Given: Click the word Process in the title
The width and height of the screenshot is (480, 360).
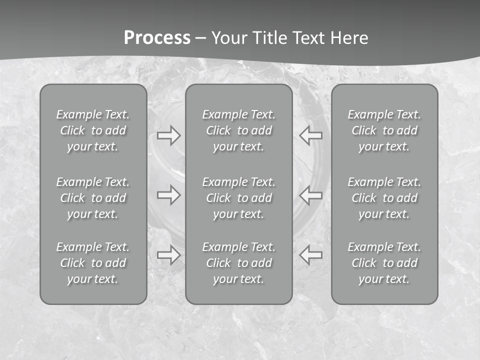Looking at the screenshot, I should [x=157, y=38].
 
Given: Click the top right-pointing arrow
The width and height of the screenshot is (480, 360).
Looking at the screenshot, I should [x=169, y=135].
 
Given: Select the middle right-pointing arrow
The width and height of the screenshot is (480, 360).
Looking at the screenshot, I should [x=169, y=195].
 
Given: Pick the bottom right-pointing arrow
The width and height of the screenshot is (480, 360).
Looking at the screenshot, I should [x=169, y=255].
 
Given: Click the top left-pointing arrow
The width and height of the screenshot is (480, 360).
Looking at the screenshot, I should [x=310, y=135].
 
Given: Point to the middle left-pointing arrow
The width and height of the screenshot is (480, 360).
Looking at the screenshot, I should [x=310, y=195].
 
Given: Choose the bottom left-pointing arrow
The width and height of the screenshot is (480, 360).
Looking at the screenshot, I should [x=310, y=255].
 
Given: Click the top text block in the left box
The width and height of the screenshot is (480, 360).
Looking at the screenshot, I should [x=93, y=130].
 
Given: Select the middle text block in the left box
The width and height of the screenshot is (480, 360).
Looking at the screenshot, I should [x=93, y=198].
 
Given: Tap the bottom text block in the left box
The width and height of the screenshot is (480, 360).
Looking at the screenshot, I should [x=93, y=263].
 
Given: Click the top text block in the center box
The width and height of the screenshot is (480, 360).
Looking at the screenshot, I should [x=238, y=130].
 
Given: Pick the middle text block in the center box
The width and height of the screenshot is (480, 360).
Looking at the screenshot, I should [x=238, y=198].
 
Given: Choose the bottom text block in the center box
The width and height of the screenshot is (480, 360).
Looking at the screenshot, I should [x=238, y=263].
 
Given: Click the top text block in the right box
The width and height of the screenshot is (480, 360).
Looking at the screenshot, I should [x=384, y=130].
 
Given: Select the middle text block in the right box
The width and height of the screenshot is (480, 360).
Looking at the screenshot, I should [x=384, y=198].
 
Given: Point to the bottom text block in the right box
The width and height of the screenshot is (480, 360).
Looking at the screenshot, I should [x=384, y=263].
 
